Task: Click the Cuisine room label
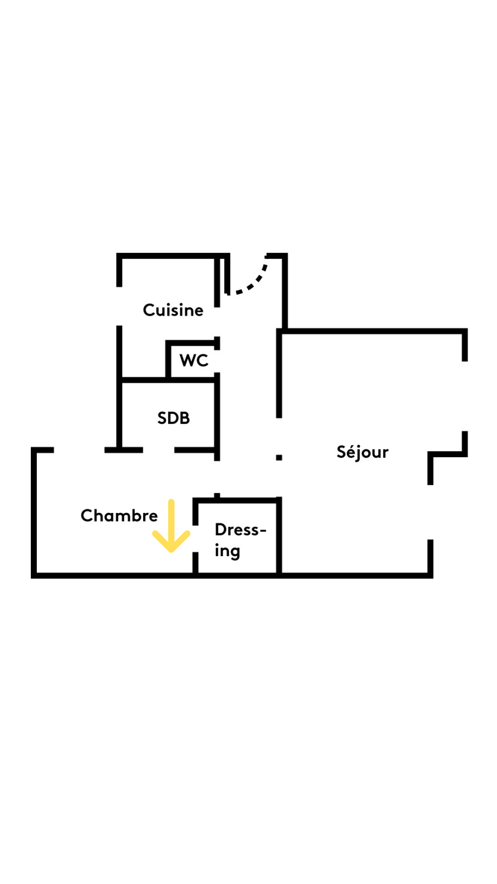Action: [x=173, y=310]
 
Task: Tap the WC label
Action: [x=194, y=360]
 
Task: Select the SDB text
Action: [x=173, y=418]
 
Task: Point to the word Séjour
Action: [x=362, y=452]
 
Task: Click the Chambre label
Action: [x=119, y=516]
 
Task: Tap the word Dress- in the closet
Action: [x=240, y=530]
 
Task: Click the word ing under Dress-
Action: [x=227, y=551]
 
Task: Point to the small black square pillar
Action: [x=279, y=457]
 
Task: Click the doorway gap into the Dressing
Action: [x=195, y=539]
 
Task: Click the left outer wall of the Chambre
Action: [x=34, y=511]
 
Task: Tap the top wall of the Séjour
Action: [x=373, y=331]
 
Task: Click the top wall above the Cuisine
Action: [x=173, y=256]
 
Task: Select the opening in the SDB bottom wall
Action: [x=159, y=450]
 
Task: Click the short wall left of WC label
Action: [x=168, y=360]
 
